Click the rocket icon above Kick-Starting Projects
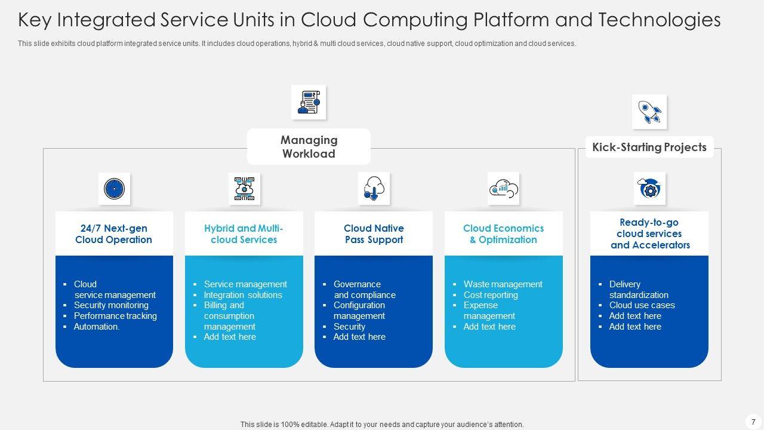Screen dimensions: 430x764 (x=649, y=112)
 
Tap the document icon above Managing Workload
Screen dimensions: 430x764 (x=309, y=102)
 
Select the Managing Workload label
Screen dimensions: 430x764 (x=309, y=147)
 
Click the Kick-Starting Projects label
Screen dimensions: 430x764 (x=649, y=148)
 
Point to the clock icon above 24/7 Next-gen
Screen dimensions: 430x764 (x=114, y=189)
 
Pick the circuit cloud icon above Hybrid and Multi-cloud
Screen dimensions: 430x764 (x=244, y=189)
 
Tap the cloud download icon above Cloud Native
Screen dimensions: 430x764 (x=374, y=189)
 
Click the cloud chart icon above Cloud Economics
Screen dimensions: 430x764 (x=503, y=189)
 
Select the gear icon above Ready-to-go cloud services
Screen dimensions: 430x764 (x=649, y=189)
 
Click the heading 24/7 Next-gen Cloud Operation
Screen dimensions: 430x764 (x=113, y=234)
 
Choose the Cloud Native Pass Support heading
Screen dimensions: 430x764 (x=374, y=234)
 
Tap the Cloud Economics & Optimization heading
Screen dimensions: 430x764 (x=503, y=234)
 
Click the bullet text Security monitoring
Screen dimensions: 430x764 (x=111, y=305)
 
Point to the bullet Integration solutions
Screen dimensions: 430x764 (x=243, y=295)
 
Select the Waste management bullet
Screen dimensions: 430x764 (x=503, y=284)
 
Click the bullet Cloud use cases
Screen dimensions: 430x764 (x=642, y=305)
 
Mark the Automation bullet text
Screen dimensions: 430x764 (x=97, y=327)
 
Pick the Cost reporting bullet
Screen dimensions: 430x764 (x=491, y=295)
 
